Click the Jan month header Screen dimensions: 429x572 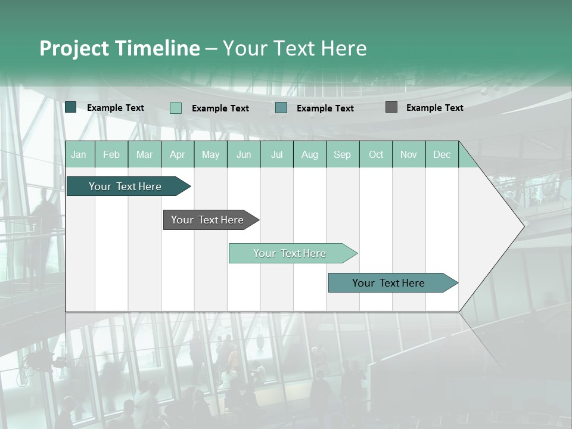[x=79, y=154]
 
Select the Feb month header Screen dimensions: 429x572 [x=111, y=154]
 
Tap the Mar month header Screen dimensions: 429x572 [x=144, y=154]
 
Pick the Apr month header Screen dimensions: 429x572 [x=178, y=154]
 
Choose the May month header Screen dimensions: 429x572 [x=210, y=154]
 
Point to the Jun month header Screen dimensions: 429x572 [x=244, y=154]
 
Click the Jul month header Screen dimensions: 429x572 [x=276, y=154]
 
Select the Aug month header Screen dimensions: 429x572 [x=310, y=154]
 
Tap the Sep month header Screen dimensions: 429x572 [x=343, y=154]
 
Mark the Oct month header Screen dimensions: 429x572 [x=376, y=154]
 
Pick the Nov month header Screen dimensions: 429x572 [x=409, y=154]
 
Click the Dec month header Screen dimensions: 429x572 [x=442, y=154]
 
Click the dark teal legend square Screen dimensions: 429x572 [x=71, y=107]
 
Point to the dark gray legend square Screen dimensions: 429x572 [x=391, y=107]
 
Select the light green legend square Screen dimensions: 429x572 [x=176, y=108]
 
